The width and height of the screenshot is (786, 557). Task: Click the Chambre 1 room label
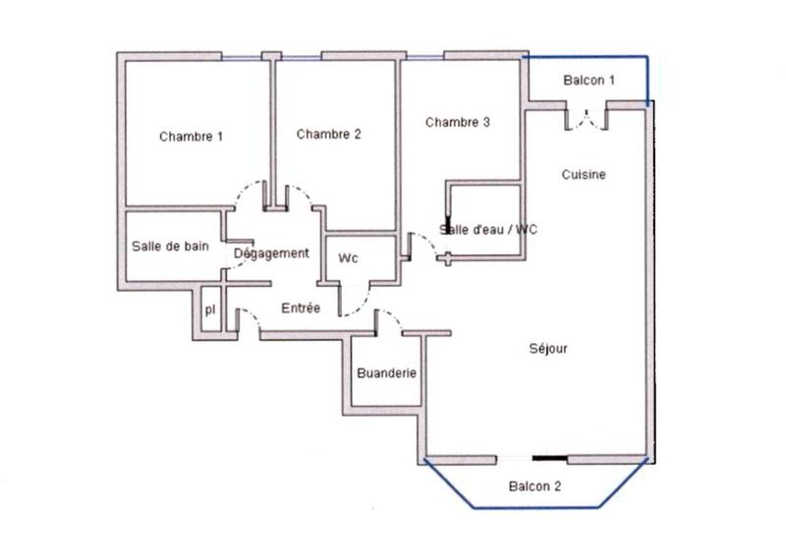191,137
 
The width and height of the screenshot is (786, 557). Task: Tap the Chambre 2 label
328,135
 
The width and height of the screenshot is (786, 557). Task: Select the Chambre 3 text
457,123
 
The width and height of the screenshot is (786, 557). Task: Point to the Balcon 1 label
589,81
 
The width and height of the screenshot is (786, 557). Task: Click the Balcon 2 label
534,486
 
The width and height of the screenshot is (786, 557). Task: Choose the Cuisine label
584,175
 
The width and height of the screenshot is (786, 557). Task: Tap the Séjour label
548,348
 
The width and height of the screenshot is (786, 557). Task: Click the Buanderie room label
386,373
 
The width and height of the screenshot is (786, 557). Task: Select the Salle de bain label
170,247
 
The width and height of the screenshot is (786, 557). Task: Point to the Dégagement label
271,253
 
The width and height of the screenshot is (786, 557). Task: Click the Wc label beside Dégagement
348,258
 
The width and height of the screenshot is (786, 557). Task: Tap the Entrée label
301,307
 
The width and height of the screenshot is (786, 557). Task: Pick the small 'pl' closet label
209,309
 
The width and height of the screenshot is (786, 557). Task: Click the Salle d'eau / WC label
488,229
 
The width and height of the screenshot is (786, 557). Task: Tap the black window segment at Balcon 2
549,458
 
